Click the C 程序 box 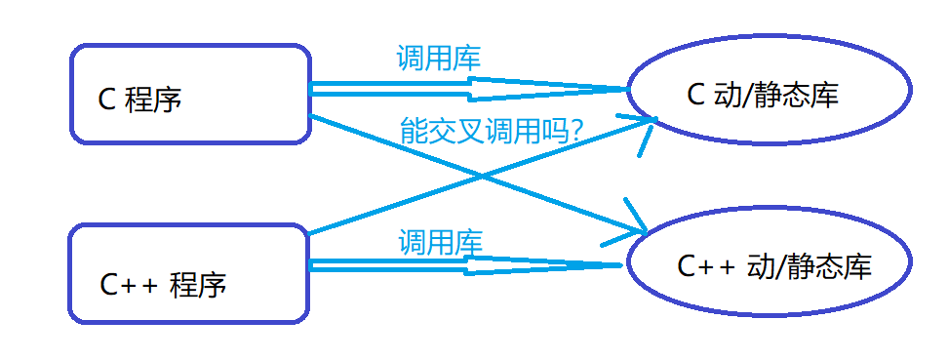click(x=190, y=94)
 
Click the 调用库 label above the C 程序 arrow click(x=438, y=60)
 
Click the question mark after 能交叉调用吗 click(x=574, y=131)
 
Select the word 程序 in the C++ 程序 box click(x=198, y=285)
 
